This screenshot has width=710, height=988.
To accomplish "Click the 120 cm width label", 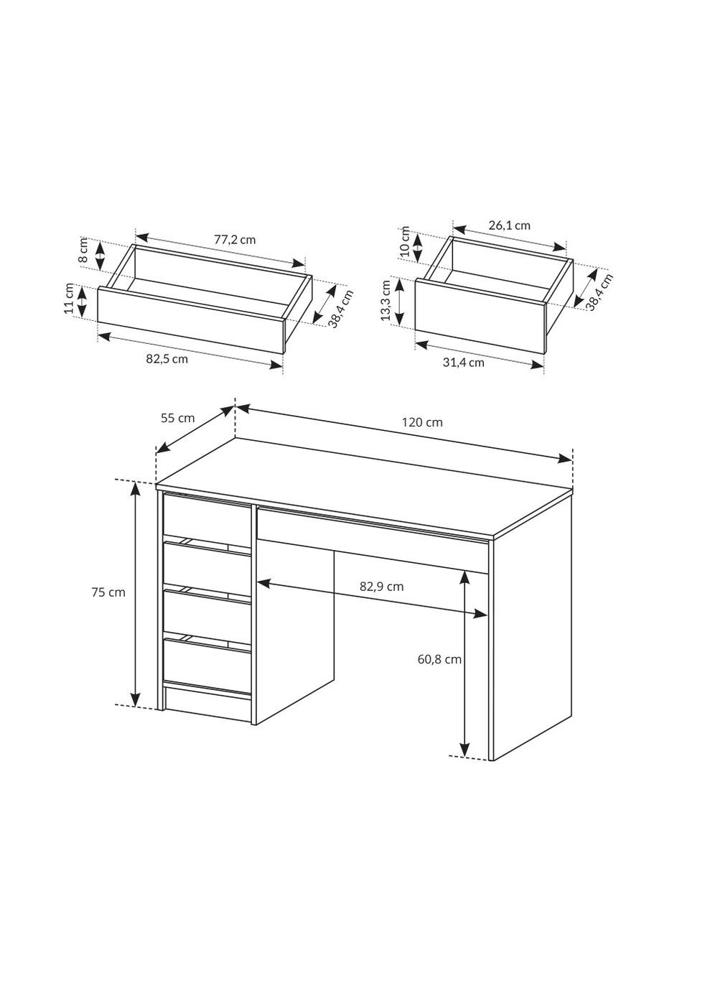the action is pos(421,422).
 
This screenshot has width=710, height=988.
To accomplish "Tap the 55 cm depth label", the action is pos(177,418).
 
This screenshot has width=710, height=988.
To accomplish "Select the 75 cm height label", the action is pos(108,592).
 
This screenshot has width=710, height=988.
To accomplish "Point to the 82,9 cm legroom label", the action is pos(381,587).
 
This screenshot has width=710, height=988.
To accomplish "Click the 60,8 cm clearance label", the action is pos(439,659).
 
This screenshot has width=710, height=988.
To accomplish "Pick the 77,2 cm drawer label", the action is pos(235,240).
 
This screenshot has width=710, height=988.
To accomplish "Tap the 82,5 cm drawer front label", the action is pos(167,359).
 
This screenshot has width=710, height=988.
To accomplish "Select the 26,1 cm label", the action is pos(510,225).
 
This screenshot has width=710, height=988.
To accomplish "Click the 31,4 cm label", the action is pos(464,363).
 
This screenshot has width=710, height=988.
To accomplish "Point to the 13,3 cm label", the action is pos(386,300).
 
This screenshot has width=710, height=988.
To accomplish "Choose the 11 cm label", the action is pos(69,298).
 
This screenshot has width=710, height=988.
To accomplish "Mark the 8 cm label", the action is pos(84,251).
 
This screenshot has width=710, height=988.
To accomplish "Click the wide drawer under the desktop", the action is pos(373,541).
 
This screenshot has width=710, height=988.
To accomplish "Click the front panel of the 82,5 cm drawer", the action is pos(190,320).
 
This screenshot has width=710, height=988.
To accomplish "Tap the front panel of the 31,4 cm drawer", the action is pos(480,316).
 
